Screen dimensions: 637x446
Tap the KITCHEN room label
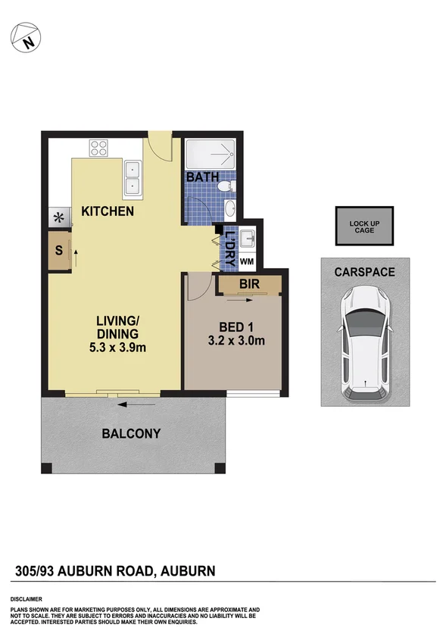108,211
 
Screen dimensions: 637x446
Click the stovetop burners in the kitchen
100,148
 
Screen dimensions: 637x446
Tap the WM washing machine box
247,261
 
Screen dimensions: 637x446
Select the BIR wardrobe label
249,285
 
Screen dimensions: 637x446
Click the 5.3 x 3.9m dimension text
117,348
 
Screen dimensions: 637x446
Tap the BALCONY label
132,434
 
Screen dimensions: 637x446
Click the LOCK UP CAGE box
365,226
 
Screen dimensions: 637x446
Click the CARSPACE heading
364,272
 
